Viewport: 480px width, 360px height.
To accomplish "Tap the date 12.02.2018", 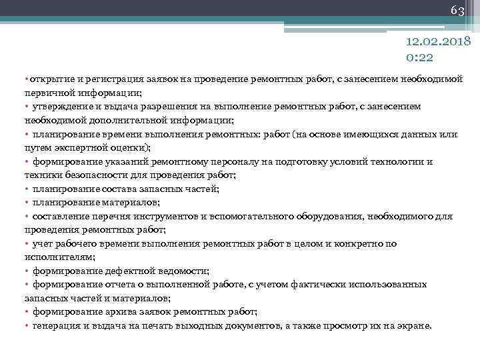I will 438,42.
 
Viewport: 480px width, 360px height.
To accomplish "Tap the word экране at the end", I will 414,325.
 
